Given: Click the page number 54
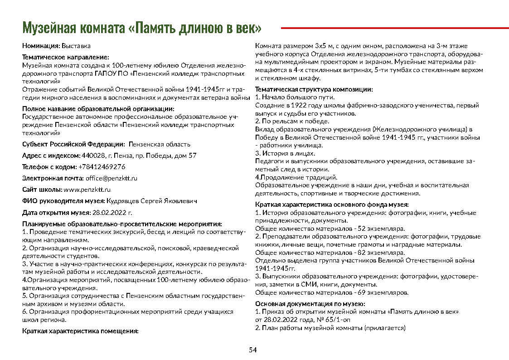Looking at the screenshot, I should [253, 350].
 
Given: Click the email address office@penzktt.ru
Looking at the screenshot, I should [111, 178].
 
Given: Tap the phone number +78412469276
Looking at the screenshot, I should [102, 167].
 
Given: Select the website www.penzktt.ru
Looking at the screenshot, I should [87, 190].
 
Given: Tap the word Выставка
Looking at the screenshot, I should [76, 46].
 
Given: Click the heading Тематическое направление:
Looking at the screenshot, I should [66, 57].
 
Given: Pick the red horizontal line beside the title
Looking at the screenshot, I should [394, 28].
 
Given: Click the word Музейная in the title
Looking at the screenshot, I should [49, 28].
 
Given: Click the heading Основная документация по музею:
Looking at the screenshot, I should [310, 304].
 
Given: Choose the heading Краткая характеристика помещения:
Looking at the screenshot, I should [80, 331].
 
